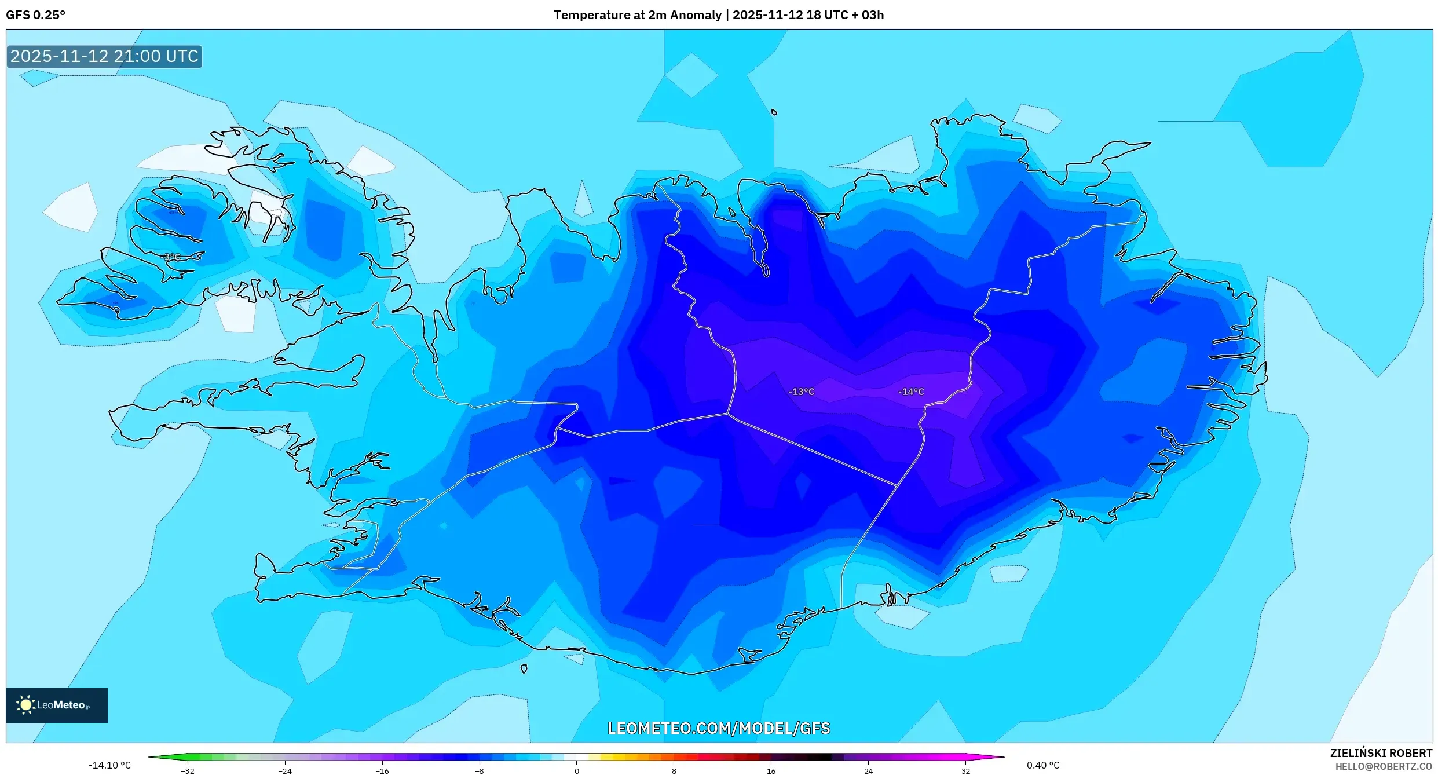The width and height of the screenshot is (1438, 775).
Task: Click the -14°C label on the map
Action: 910,392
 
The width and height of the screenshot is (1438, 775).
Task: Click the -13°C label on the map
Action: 801,392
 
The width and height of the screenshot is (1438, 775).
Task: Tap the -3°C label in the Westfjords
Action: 171,257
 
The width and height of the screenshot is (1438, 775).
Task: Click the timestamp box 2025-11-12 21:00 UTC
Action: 104,57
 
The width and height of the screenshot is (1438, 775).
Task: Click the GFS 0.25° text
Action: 35,15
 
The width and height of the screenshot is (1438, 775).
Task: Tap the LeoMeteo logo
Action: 57,705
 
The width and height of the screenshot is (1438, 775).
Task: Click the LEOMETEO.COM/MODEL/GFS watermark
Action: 718,728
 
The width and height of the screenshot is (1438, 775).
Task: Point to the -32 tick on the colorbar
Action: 188,771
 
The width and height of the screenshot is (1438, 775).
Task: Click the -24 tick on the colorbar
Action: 285,771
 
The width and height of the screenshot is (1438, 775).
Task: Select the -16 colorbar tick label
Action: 382,771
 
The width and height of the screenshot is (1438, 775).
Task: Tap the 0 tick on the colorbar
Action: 576,771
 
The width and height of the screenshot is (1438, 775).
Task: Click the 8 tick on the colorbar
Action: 674,771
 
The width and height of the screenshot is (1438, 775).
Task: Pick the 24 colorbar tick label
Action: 868,771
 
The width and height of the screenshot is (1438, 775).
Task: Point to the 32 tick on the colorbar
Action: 965,771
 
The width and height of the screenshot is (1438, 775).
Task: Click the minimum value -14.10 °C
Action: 109,765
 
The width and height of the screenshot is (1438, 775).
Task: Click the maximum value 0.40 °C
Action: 1042,765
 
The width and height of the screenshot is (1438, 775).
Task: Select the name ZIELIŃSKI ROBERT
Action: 1381,753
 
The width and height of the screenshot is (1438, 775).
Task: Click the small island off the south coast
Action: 524,669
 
